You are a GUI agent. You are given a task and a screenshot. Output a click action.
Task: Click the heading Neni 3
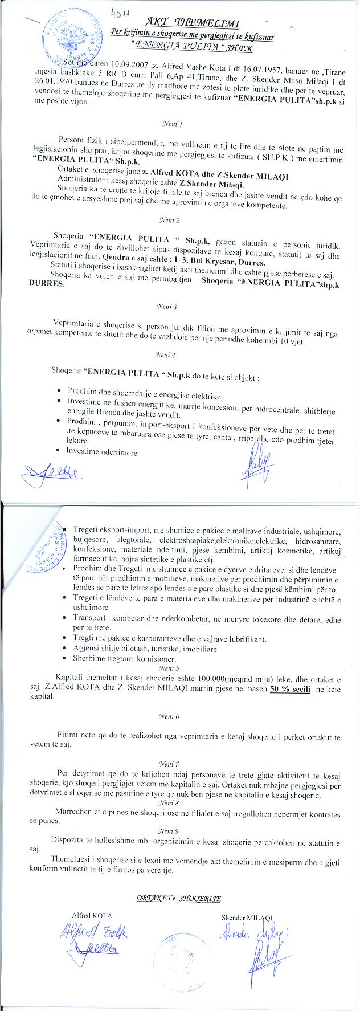click(x=171, y=307)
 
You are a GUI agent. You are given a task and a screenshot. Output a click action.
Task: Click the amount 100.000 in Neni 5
click(x=194, y=680)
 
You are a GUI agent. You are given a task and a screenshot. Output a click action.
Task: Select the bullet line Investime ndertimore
click(x=102, y=452)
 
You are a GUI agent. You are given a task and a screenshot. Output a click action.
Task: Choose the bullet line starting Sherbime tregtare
click(x=123, y=659)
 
